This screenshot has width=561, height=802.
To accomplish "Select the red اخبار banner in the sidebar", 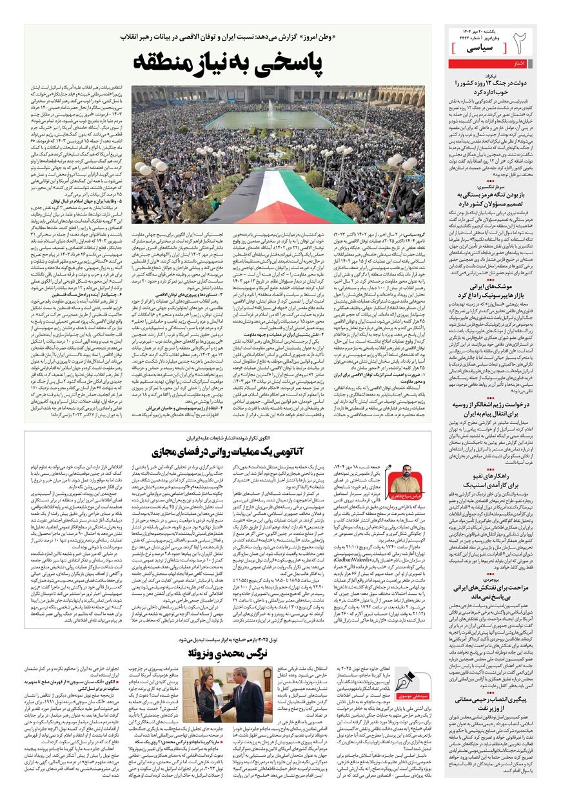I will point(490,63).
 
